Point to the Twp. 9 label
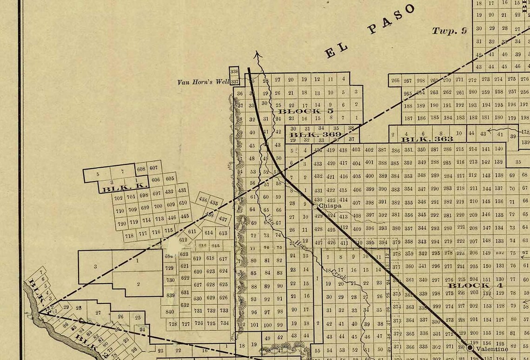point(449,31)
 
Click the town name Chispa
point(330,205)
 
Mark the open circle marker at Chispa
point(315,205)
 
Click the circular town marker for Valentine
point(470,348)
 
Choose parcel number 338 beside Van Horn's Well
point(234,72)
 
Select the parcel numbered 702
point(119,198)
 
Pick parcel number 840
point(170,312)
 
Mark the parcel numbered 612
point(183,240)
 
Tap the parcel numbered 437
point(223,219)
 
